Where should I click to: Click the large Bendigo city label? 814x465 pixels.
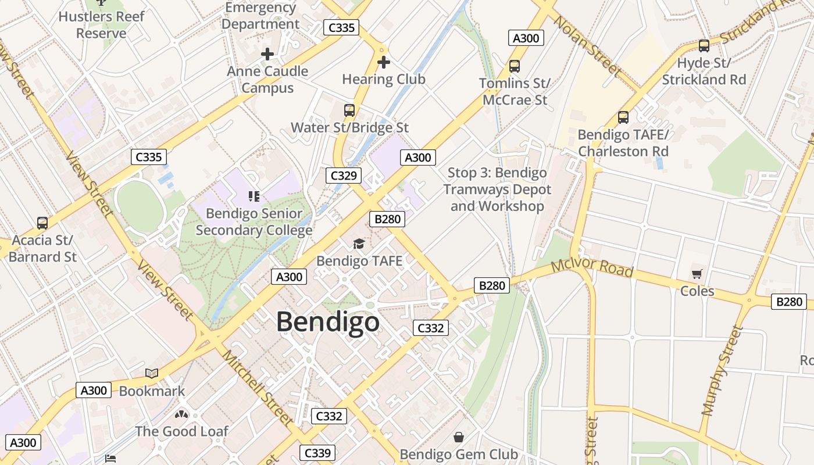coord(327,322)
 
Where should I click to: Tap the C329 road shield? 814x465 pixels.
coord(344,175)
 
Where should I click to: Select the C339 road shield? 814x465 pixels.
coord(317,453)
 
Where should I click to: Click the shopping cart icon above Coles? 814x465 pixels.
coord(697,274)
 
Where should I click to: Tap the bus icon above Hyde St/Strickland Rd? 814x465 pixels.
coord(704,45)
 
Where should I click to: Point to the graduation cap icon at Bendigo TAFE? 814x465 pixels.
coord(359,244)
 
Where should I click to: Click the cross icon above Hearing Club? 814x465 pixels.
coord(383,62)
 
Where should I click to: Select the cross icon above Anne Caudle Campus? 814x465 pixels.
coord(267,54)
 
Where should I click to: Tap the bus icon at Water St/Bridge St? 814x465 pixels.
coord(349,110)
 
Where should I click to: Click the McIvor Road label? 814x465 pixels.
coord(591,269)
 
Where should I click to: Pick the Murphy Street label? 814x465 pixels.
coord(722,371)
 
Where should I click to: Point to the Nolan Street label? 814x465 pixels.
coord(587,45)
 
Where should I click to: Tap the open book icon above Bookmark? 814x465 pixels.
coord(152,374)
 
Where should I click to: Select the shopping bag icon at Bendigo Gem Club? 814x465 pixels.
coord(459,437)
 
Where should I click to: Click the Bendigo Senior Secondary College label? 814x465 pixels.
coord(254,221)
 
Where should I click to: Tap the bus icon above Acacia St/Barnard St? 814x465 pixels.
coord(42,223)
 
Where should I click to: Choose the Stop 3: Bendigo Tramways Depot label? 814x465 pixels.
coord(497,189)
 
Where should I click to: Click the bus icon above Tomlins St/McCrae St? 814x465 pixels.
coord(514,66)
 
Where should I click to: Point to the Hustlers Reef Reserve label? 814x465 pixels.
coord(102,24)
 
